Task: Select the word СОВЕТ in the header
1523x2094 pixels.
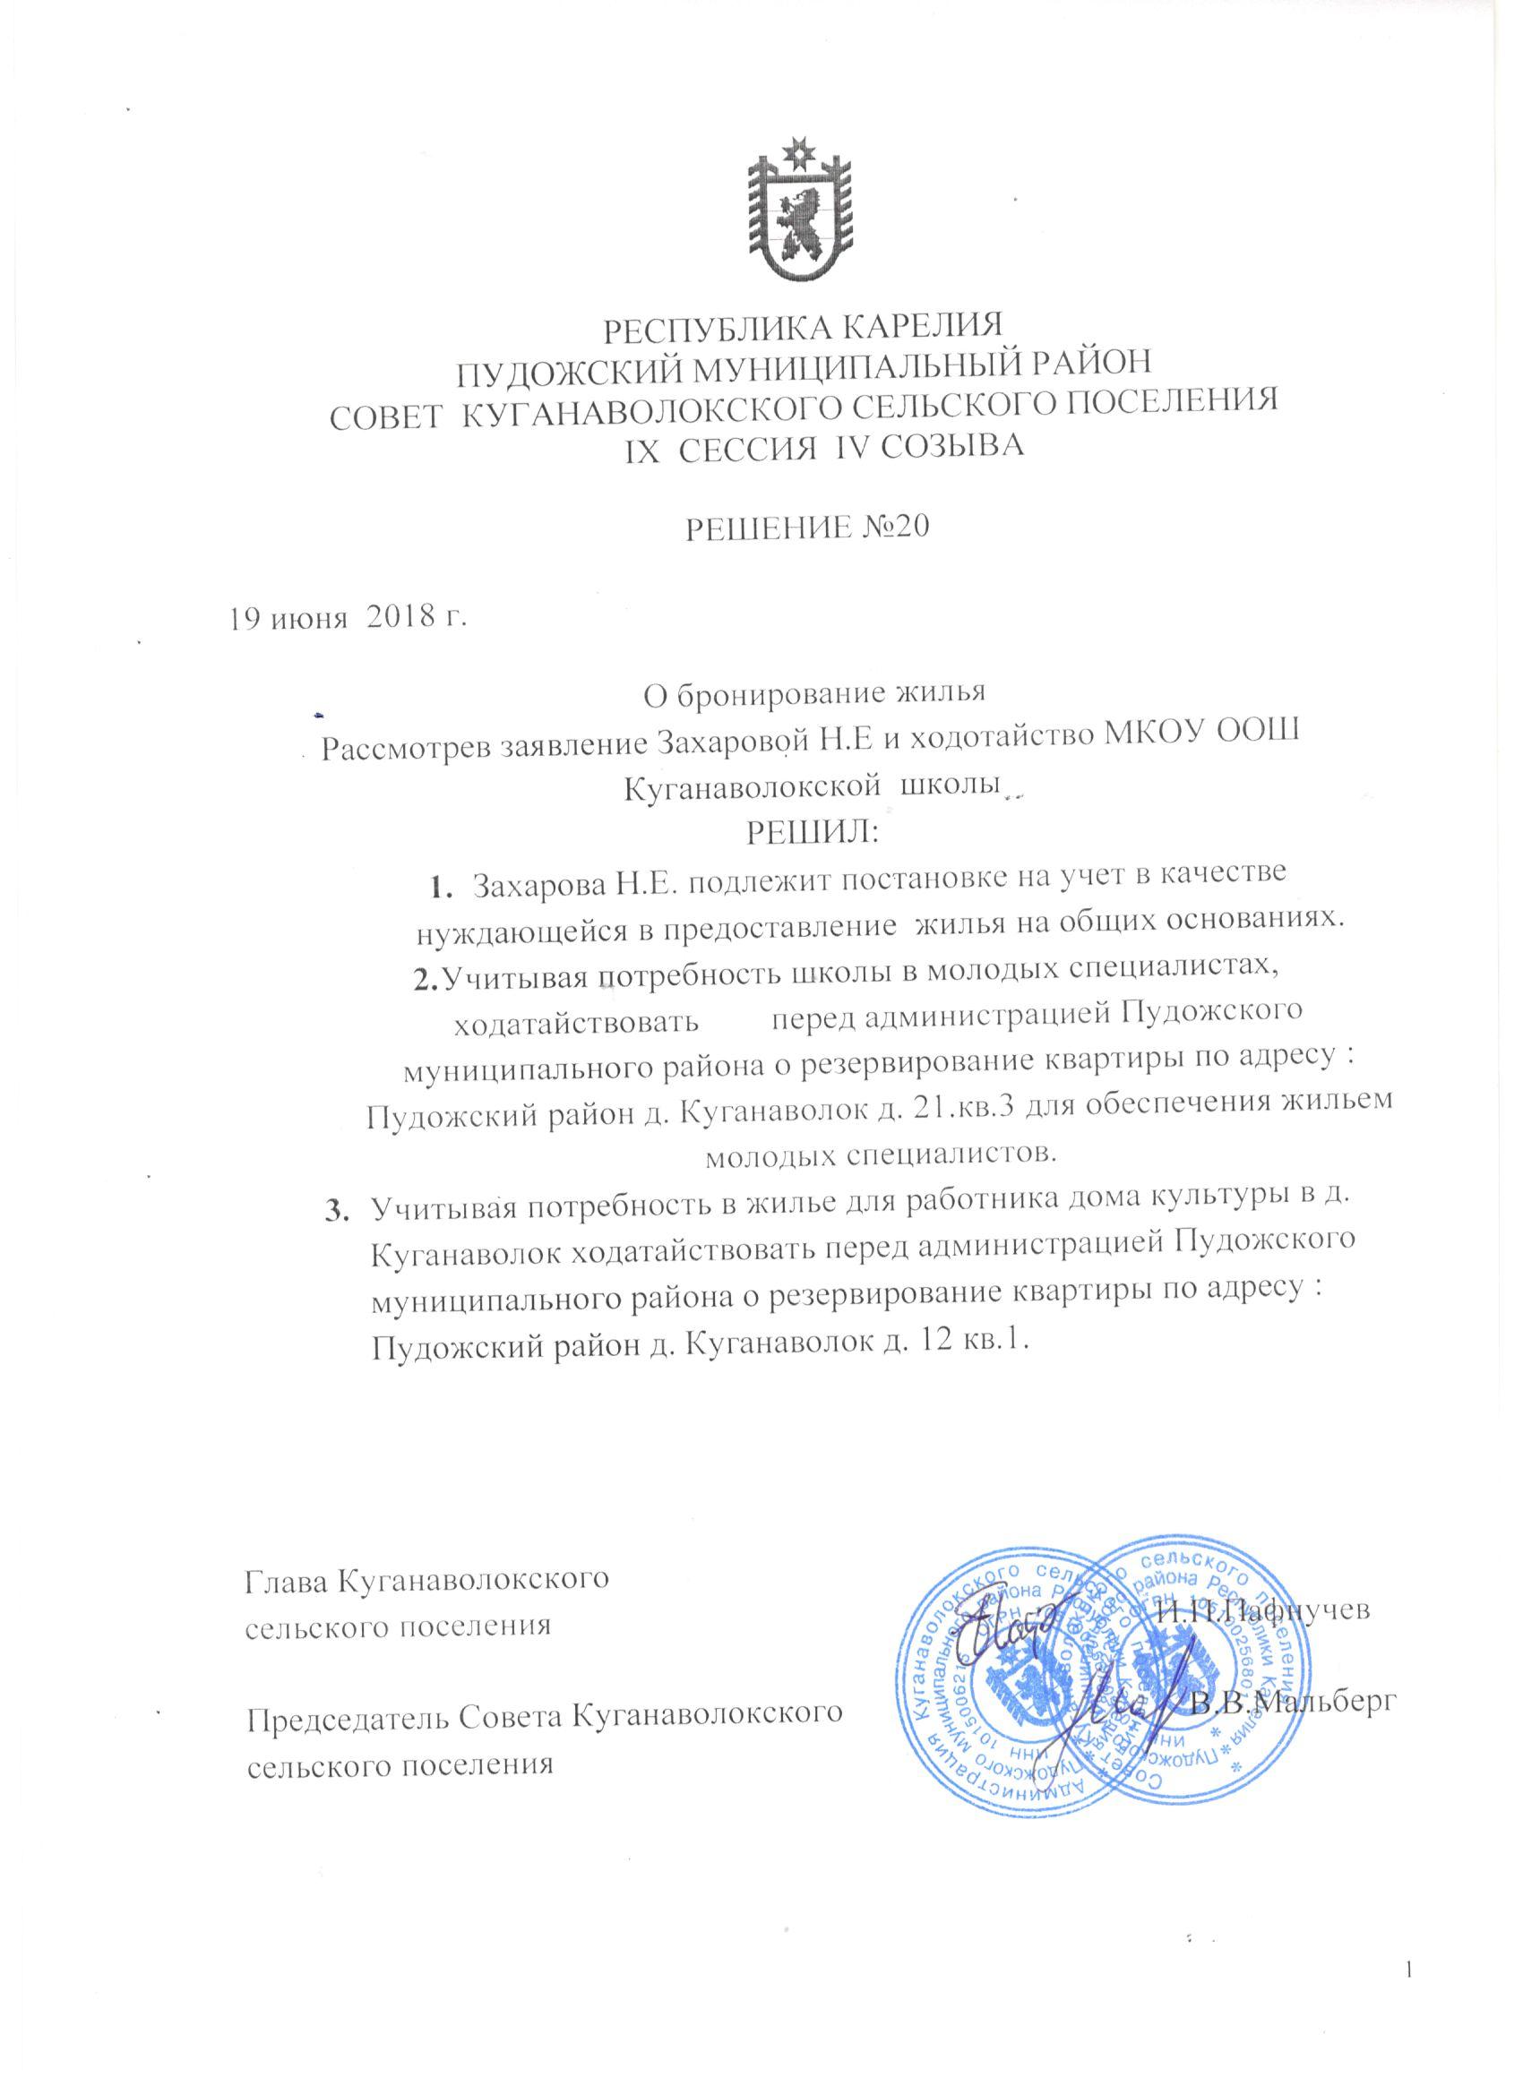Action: coord(385,408)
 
